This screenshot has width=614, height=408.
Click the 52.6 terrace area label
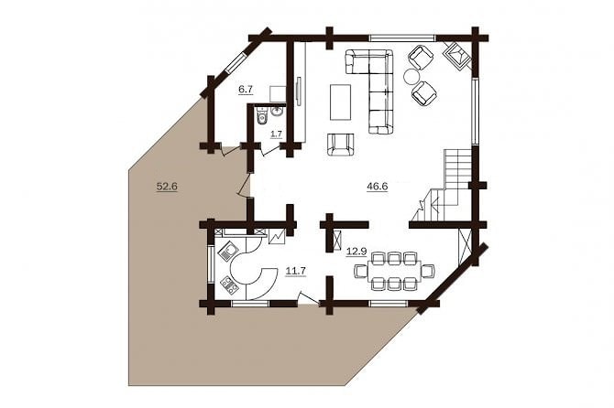click(x=167, y=187)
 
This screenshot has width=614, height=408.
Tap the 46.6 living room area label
click(x=377, y=187)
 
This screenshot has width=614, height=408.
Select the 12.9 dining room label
click(x=356, y=252)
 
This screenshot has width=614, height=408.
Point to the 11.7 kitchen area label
click(x=296, y=270)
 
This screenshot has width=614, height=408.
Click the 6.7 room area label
click(x=246, y=90)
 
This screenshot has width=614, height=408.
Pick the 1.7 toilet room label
click(x=277, y=134)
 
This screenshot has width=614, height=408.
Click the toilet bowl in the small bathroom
click(x=261, y=115)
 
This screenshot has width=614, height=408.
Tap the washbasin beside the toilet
click(x=277, y=112)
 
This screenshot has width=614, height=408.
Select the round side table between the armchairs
click(x=411, y=76)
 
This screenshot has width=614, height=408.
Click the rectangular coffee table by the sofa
click(x=340, y=102)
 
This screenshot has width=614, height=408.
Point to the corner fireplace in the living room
click(x=456, y=56)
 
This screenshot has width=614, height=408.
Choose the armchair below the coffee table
click(x=340, y=145)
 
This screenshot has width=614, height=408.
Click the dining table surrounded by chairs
click(x=394, y=271)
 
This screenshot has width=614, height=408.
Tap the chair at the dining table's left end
click(x=361, y=271)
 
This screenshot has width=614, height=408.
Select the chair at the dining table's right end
click(x=428, y=271)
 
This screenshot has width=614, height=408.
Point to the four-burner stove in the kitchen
click(x=229, y=285)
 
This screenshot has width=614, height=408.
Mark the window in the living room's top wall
click(x=403, y=38)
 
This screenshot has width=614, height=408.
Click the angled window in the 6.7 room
click(x=236, y=62)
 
